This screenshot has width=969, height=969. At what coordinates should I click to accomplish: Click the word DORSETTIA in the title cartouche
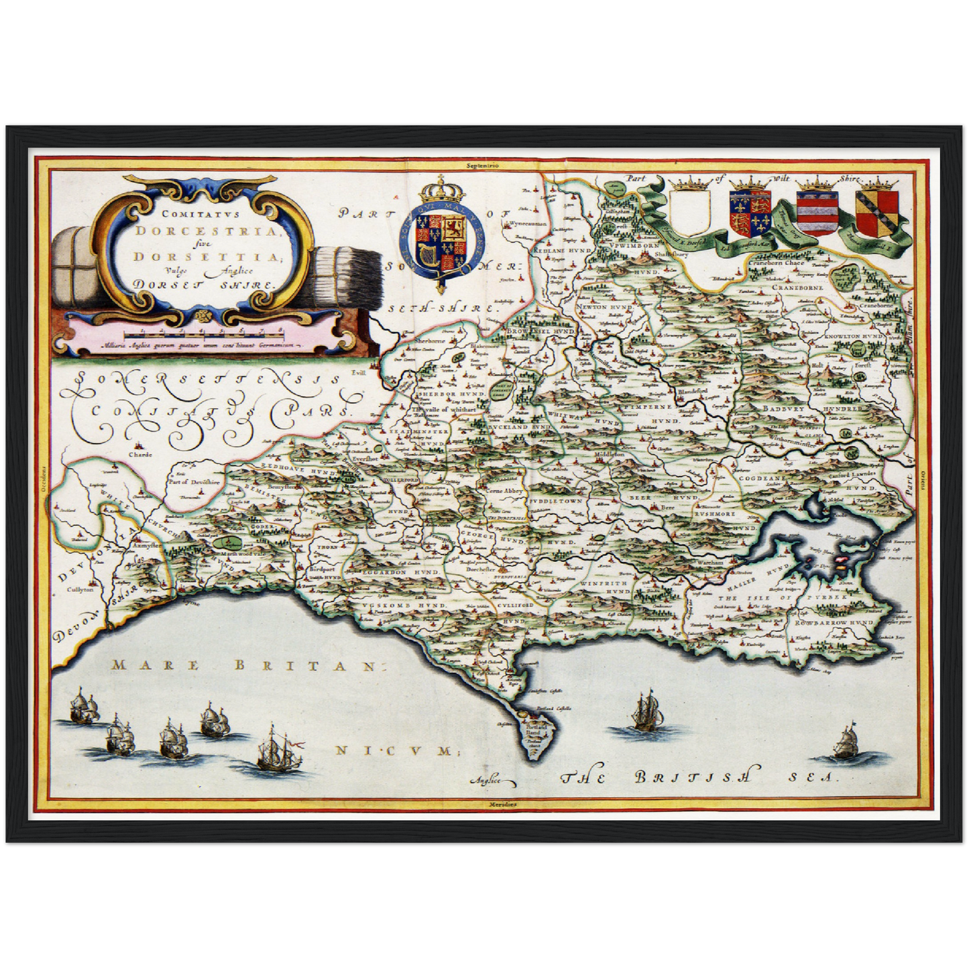pyautogui.click(x=201, y=256)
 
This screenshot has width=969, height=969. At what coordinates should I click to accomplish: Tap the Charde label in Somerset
pyautogui.click(x=141, y=454)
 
